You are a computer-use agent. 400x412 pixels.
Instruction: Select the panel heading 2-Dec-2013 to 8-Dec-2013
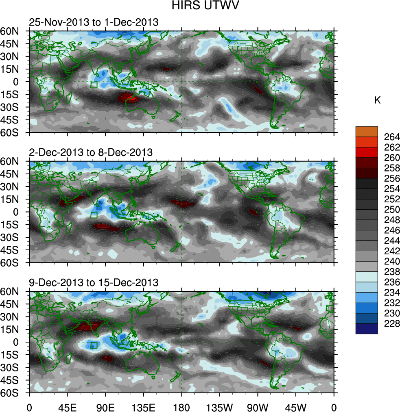pos(91,152)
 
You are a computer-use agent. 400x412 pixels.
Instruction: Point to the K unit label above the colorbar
pos(377,100)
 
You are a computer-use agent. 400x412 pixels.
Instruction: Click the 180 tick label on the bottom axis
pos(181,407)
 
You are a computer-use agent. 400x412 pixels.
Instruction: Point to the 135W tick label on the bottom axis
pos(219,407)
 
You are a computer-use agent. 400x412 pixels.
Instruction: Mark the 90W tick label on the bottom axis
pos(258,407)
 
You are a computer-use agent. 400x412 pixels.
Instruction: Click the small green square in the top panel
pos(94,85)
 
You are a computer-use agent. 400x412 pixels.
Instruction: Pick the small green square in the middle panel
pos(94,215)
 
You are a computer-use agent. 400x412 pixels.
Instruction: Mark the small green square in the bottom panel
pos(94,345)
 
